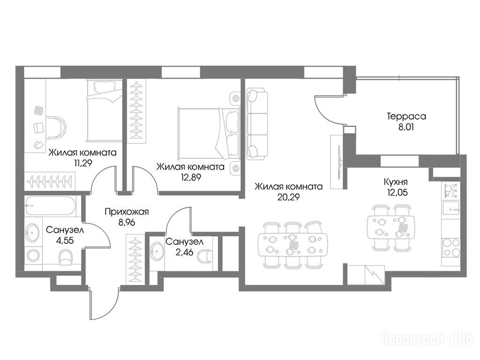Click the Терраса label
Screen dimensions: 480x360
(406, 117)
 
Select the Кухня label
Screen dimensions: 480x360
(396, 182)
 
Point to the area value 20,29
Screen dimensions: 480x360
(288, 197)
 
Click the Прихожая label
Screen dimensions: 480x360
(127, 212)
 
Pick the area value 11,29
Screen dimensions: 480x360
(83, 163)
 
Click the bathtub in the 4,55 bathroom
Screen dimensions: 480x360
(50, 206)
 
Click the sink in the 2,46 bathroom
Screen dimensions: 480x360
(157, 252)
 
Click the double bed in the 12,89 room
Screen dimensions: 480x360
(208, 132)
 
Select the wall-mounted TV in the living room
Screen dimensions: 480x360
(339, 162)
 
